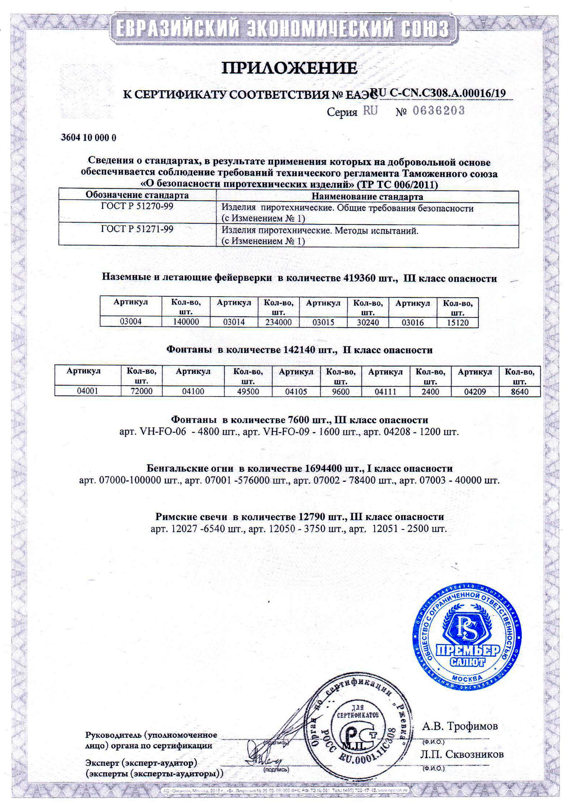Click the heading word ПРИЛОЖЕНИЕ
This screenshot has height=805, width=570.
[289, 68]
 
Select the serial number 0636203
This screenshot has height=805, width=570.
[438, 111]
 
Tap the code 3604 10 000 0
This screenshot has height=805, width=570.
[88, 138]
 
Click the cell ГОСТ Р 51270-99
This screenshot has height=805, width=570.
[137, 206]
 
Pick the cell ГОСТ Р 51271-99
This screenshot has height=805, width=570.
[137, 229]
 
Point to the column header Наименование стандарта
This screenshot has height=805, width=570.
[367, 196]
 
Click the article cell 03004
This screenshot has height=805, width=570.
[130, 321]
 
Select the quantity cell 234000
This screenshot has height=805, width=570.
[278, 322]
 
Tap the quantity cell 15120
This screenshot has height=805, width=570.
[457, 322]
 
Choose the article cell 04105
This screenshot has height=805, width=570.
[296, 391]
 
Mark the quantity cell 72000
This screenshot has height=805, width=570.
[141, 391]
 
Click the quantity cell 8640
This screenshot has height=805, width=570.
[520, 391]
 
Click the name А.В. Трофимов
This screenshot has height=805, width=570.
[460, 726]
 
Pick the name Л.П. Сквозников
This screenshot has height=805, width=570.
[462, 754]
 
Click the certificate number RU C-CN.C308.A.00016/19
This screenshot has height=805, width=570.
[437, 93]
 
